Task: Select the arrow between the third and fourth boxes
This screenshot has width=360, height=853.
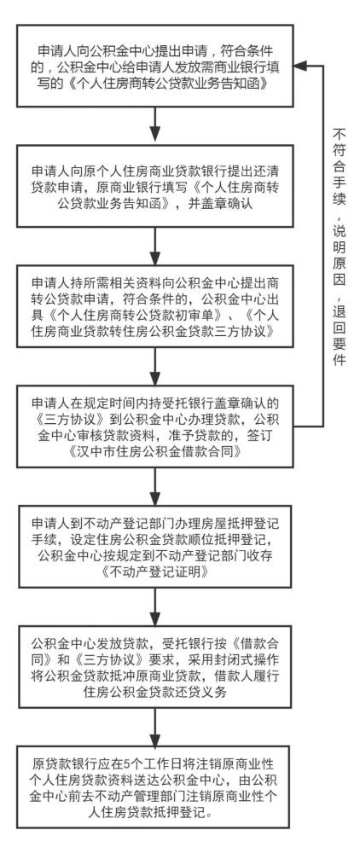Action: pyautogui.click(x=154, y=362)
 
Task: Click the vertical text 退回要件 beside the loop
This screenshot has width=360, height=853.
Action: pyautogui.click(x=335, y=321)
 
